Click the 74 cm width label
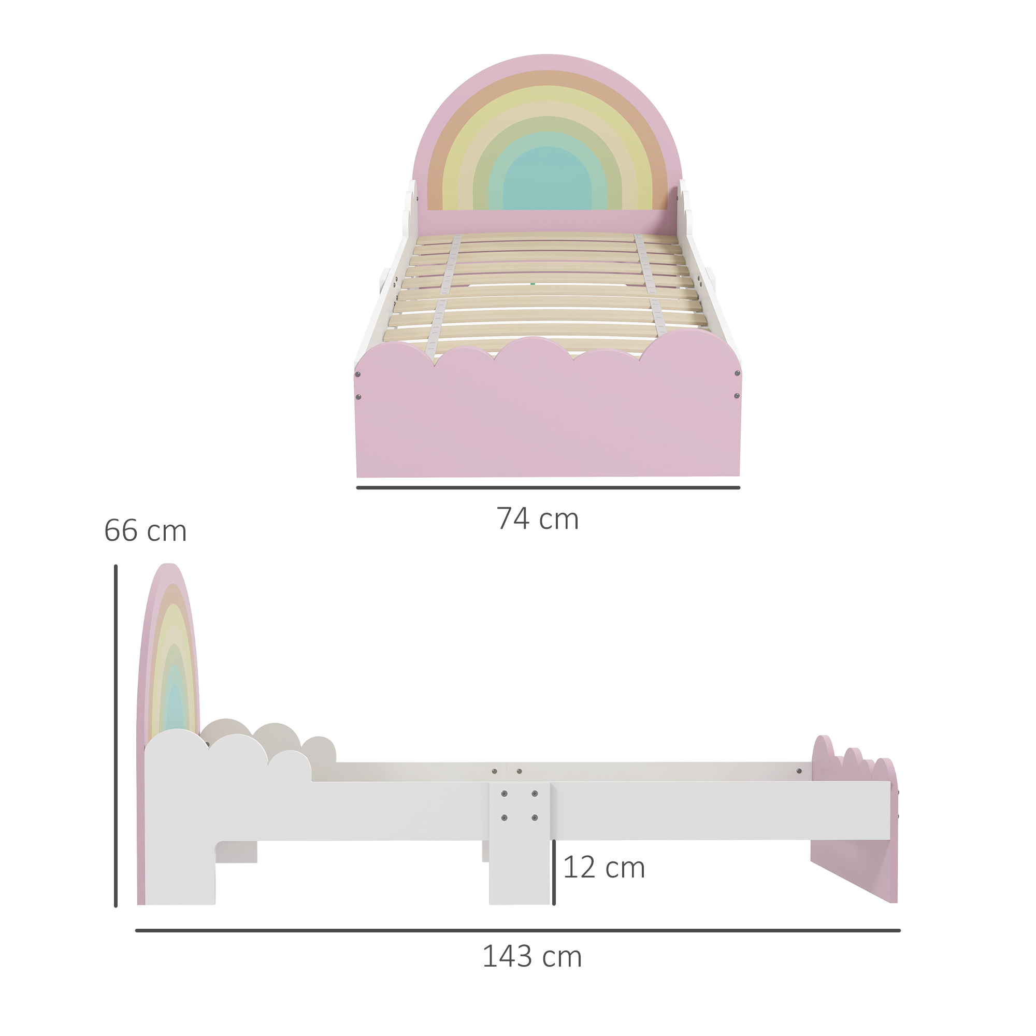[x=537, y=519]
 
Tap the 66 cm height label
[x=146, y=531]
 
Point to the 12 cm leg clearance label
[x=604, y=868]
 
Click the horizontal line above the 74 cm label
[x=548, y=488]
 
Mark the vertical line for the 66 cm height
[x=116, y=740]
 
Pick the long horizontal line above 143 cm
[x=517, y=931]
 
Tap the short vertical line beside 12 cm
[x=554, y=873]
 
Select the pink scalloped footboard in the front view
[x=548, y=418]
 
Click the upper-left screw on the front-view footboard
[x=357, y=375]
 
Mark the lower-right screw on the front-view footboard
[x=737, y=396]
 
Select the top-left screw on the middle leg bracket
[x=504, y=794]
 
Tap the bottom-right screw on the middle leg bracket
[x=535, y=818]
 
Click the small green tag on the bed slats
[x=533, y=284]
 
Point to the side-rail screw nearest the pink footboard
[x=799, y=771]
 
